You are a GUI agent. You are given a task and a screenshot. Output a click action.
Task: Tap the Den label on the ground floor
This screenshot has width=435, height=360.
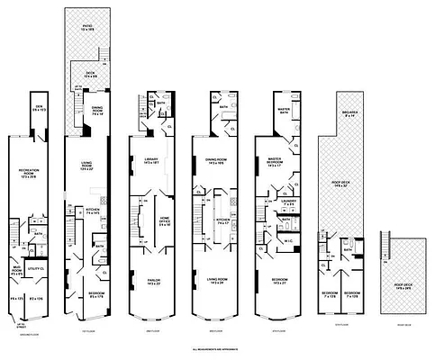pyautogui.click(x=38, y=112)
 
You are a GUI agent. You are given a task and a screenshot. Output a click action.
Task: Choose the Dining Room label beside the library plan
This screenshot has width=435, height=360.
pyautogui.click(x=214, y=162)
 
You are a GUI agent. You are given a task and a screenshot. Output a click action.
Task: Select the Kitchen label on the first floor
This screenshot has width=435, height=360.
pyautogui.click(x=93, y=211)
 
